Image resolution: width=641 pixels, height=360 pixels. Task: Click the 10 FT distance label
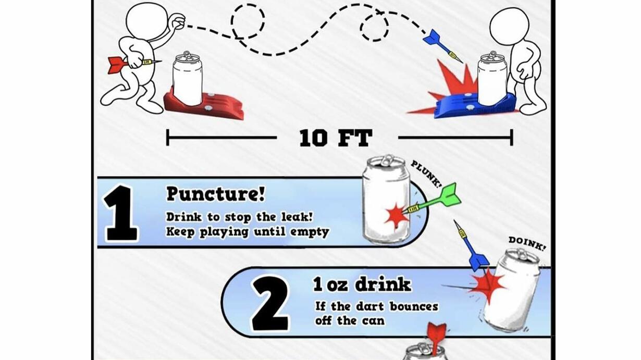[336, 138]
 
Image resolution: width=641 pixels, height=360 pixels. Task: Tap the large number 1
[121, 213]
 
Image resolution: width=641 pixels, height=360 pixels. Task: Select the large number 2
[270, 304]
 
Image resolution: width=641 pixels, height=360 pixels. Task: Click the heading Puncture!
[215, 194]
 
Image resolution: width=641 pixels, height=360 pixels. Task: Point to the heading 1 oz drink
[362, 284]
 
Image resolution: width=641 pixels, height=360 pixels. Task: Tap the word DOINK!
[527, 243]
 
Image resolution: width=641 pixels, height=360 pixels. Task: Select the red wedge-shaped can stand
[204, 104]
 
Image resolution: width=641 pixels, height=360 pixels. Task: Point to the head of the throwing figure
[147, 22]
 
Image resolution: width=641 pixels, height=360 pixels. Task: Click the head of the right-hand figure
[509, 27]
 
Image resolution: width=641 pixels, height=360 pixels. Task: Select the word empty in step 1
[310, 232]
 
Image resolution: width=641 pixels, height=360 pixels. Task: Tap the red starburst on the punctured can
[397, 216]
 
